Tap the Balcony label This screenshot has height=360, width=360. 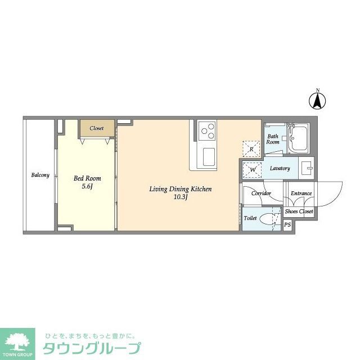pyautogui.click(x=40, y=175)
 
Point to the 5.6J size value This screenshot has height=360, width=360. pyautogui.click(x=87, y=186)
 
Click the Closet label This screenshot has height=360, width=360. pyautogui.click(x=97, y=128)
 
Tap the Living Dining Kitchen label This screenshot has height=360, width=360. pyautogui.click(x=180, y=189)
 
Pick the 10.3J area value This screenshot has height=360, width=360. pyautogui.click(x=180, y=197)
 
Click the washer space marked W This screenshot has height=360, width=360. pyautogui.click(x=252, y=169)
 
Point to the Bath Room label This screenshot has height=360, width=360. pyautogui.click(x=273, y=139)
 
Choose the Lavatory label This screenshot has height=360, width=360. pyautogui.click(x=280, y=169)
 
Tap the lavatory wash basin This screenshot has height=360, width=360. pyautogui.click(x=306, y=168)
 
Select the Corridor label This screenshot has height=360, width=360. pyautogui.click(x=261, y=193)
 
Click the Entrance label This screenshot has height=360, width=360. pyautogui.click(x=301, y=193)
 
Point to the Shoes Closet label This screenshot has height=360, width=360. pyautogui.click(x=299, y=212)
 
